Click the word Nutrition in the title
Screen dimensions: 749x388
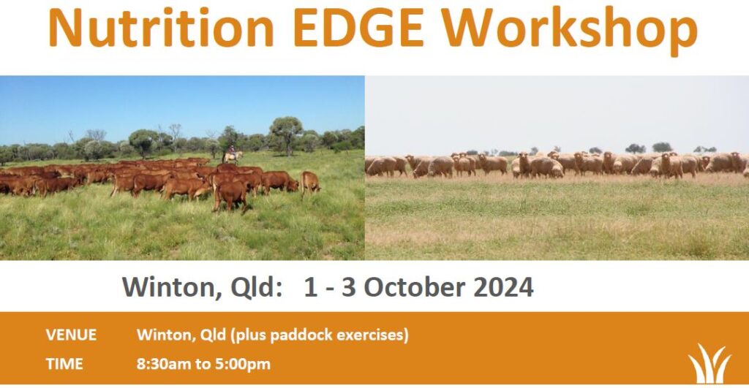[161, 28]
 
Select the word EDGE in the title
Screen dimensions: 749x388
[358, 28]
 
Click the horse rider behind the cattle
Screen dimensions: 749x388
[232, 153]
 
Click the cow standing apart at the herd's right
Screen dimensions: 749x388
[310, 183]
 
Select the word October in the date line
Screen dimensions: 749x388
[416, 287]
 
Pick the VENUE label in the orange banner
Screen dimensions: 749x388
[71, 335]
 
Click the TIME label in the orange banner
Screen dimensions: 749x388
[64, 364]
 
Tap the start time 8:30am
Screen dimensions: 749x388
[164, 364]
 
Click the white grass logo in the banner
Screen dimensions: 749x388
[710, 363]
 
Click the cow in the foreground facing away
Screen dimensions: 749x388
[230, 194]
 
